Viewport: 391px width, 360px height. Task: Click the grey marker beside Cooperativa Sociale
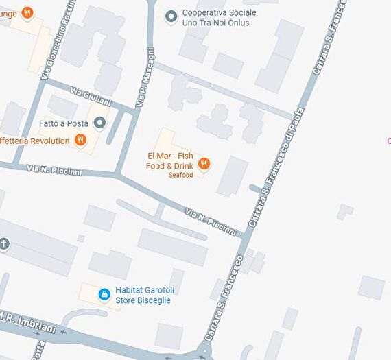(x=171, y=16)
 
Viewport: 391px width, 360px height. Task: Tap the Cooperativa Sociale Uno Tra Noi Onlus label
(x=219, y=18)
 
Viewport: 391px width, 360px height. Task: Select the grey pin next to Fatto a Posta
(x=100, y=123)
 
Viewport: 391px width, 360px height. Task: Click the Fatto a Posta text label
(x=64, y=123)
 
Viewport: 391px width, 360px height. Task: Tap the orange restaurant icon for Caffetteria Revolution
(x=81, y=141)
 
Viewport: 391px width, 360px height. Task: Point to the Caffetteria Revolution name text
(x=35, y=141)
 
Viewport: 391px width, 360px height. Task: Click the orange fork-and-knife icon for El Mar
(x=204, y=163)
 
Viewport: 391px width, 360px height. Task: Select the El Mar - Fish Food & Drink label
(x=169, y=161)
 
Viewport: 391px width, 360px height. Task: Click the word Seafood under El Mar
(x=181, y=176)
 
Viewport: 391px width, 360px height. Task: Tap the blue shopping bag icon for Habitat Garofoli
(x=104, y=294)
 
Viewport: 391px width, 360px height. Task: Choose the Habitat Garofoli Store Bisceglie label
(x=143, y=295)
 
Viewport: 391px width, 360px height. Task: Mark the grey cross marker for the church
(x=4, y=244)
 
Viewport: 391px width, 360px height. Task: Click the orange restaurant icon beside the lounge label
(x=27, y=12)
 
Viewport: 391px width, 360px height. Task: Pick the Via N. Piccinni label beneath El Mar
(x=211, y=221)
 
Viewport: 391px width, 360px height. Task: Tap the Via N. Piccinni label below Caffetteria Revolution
(x=55, y=170)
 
